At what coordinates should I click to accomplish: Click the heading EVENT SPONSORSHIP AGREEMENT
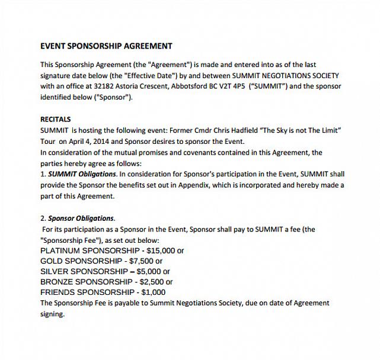pos(106,46)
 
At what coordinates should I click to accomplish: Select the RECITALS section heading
pos(55,119)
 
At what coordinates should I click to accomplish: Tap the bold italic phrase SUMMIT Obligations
pos(82,174)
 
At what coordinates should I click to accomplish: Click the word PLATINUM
pos(61,250)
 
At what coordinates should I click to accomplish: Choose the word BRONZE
pos(56,282)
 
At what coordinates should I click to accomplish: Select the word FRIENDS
pos(56,292)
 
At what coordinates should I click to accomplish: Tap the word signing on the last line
pos(52,314)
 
